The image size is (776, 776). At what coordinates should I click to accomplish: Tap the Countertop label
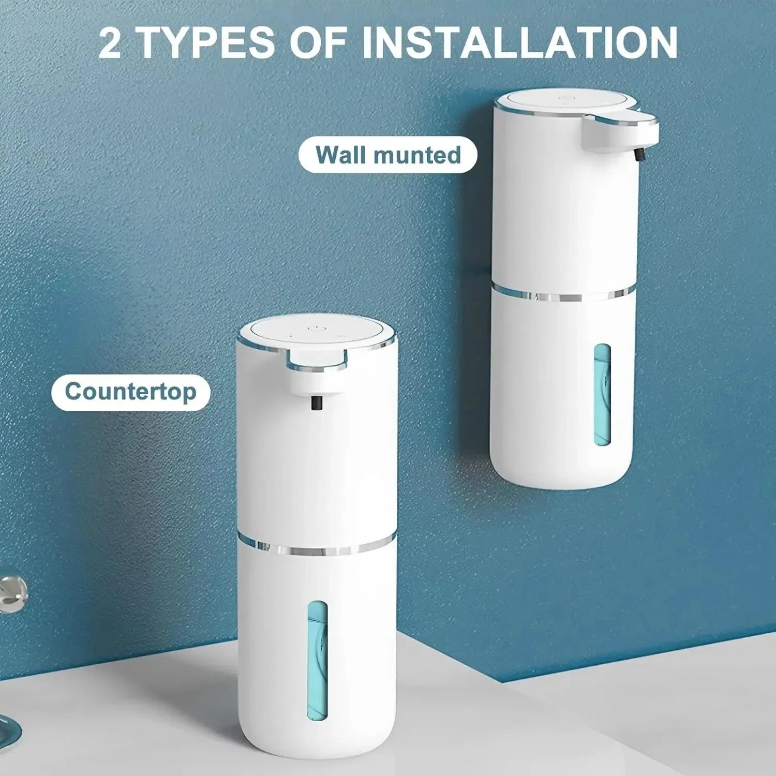click(130, 392)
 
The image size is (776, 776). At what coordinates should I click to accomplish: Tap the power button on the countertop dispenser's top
click(315, 328)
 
